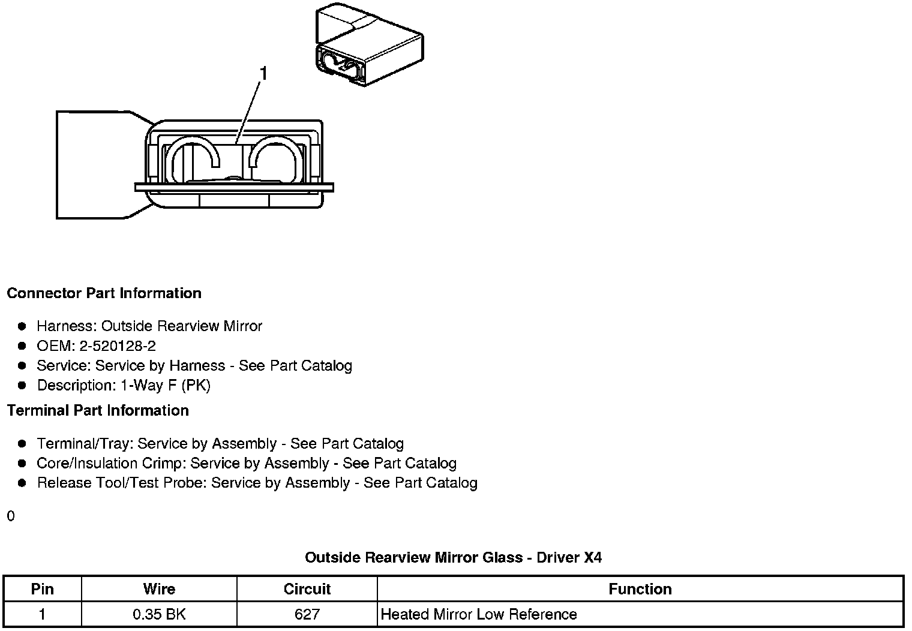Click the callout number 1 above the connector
point(263,74)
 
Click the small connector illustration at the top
point(368,47)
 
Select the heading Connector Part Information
point(104,293)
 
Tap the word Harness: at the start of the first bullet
point(67,326)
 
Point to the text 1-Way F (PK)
point(166,385)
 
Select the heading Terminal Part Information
point(98,410)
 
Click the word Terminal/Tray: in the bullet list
point(85,444)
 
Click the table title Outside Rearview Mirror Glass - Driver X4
point(453,557)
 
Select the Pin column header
point(42,589)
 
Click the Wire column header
point(159,589)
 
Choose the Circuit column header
point(307,589)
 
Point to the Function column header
point(640,589)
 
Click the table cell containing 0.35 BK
point(159,614)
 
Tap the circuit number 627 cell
point(307,614)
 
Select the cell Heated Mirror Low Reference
point(479,614)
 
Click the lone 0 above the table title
point(11,516)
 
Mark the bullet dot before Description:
point(22,385)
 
